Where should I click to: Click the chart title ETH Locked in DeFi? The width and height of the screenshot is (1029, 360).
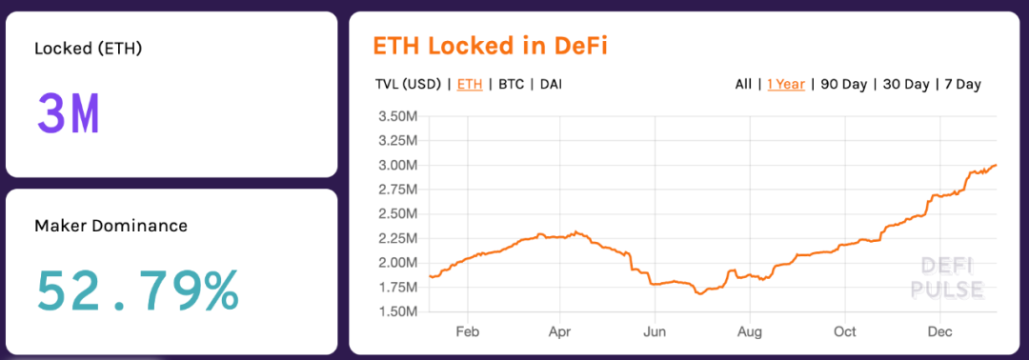click(x=490, y=46)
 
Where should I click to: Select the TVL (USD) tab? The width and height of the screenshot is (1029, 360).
click(x=408, y=84)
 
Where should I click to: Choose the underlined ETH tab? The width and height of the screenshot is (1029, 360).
click(x=470, y=84)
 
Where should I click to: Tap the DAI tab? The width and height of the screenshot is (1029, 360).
click(x=551, y=84)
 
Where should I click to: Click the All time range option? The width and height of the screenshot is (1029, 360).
click(x=743, y=84)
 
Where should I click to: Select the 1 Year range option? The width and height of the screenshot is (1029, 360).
click(x=786, y=84)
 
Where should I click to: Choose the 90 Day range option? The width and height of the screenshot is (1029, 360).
click(x=843, y=84)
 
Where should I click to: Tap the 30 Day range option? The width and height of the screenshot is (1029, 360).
click(x=905, y=84)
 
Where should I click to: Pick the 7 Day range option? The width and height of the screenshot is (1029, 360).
click(x=962, y=84)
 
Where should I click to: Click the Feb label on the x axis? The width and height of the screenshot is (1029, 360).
click(x=467, y=332)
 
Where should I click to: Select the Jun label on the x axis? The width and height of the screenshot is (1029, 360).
click(x=655, y=332)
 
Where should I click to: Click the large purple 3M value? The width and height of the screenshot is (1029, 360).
click(x=68, y=114)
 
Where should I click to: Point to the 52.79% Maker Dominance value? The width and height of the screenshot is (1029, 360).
click(x=137, y=291)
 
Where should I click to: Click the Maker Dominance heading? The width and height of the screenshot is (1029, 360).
click(x=111, y=226)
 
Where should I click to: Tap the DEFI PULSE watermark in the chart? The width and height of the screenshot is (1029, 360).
click(x=946, y=277)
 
